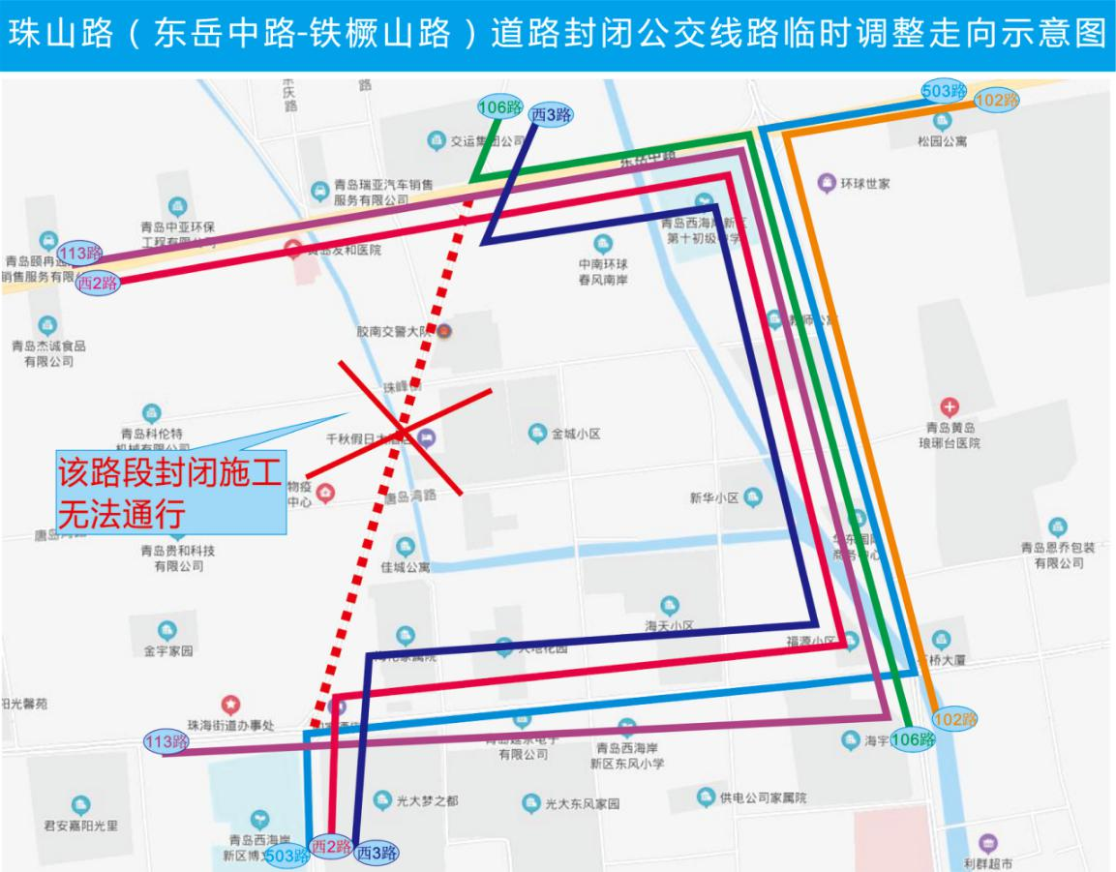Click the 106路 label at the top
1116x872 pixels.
(500, 107)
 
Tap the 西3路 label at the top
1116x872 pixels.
(550, 115)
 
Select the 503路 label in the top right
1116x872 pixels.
(944, 91)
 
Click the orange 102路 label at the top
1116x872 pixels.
(996, 100)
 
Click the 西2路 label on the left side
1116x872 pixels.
(97, 283)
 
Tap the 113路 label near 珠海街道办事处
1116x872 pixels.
(166, 742)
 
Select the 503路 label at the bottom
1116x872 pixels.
(287, 856)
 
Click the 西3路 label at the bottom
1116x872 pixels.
(377, 854)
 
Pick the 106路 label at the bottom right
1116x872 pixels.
(913, 739)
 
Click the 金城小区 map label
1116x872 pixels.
(576, 434)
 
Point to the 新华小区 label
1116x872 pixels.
(714, 497)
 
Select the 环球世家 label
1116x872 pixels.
(864, 183)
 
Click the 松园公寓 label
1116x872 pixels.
(942, 141)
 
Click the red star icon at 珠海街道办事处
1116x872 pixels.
(230, 705)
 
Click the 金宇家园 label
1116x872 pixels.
(167, 651)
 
